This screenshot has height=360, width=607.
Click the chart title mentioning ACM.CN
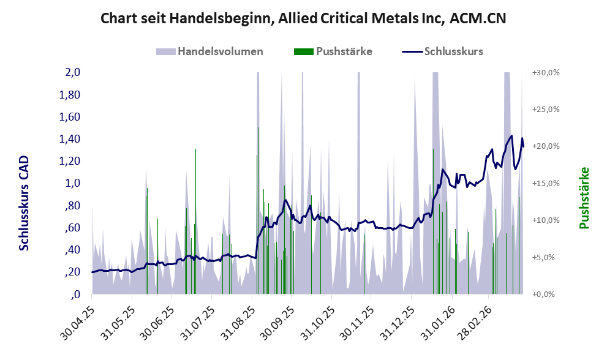click(303, 18)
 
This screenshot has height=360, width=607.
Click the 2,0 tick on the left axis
click(73, 72)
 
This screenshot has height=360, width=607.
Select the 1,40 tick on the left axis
click(70, 139)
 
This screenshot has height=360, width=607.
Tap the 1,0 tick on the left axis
click(73, 183)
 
